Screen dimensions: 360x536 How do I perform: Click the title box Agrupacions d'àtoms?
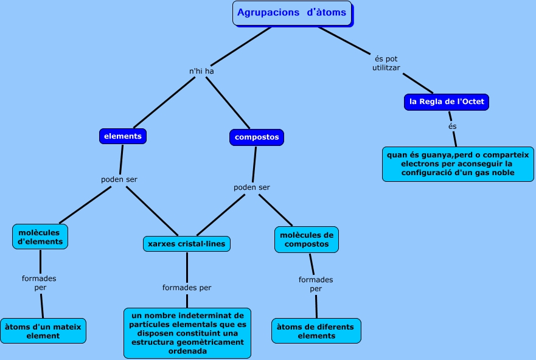click(x=291, y=13)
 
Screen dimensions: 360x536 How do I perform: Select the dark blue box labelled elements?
click(x=123, y=136)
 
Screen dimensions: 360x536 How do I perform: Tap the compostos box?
click(x=257, y=137)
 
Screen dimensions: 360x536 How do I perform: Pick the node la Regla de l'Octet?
click(x=447, y=102)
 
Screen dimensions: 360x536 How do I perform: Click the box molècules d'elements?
click(x=40, y=237)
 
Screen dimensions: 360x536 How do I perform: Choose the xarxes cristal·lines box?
click(x=186, y=244)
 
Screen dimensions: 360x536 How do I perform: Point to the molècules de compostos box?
click(x=307, y=240)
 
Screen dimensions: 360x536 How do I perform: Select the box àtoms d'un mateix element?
click(x=43, y=331)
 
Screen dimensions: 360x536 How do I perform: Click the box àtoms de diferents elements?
click(x=316, y=331)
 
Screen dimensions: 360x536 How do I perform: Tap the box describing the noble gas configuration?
click(x=458, y=164)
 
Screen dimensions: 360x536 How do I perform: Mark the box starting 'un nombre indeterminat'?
click(x=187, y=333)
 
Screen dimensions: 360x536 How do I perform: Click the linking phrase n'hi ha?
click(x=201, y=71)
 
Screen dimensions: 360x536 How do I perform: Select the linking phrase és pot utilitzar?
click(x=386, y=63)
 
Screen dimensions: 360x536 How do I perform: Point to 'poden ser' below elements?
click(x=119, y=180)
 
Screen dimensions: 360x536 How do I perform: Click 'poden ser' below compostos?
click(x=252, y=187)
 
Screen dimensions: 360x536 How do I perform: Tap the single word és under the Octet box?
click(x=452, y=126)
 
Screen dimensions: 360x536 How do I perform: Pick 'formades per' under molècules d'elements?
click(x=39, y=283)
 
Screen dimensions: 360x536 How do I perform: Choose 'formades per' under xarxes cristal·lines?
click(x=187, y=288)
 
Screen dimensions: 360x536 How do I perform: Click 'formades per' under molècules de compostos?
click(x=316, y=284)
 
